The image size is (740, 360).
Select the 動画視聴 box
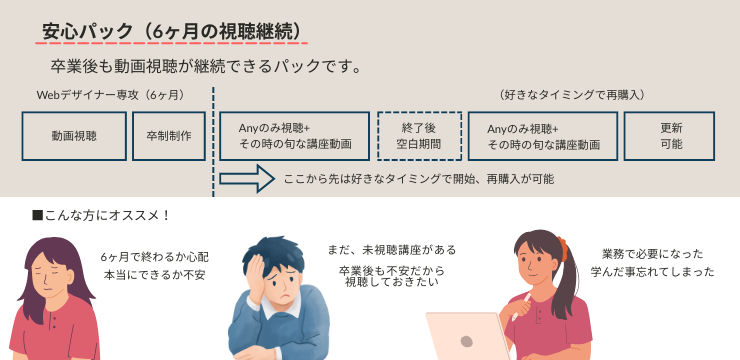tap(74, 136)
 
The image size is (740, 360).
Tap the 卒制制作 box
tap(168, 136)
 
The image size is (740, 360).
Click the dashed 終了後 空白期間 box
tap(419, 136)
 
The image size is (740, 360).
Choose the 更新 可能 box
tap(670, 136)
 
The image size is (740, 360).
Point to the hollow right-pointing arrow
tap(247, 179)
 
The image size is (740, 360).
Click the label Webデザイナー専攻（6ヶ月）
tap(110, 95)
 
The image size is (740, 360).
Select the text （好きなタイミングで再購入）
tap(571, 95)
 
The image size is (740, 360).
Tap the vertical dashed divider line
tap(213, 140)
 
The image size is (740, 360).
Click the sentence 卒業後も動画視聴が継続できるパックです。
tap(205, 67)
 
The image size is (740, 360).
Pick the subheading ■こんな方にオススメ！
tap(101, 215)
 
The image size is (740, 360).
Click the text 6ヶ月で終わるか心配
tap(153, 257)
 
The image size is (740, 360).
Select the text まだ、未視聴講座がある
tap(392, 250)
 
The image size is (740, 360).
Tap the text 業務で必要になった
tap(652, 254)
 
